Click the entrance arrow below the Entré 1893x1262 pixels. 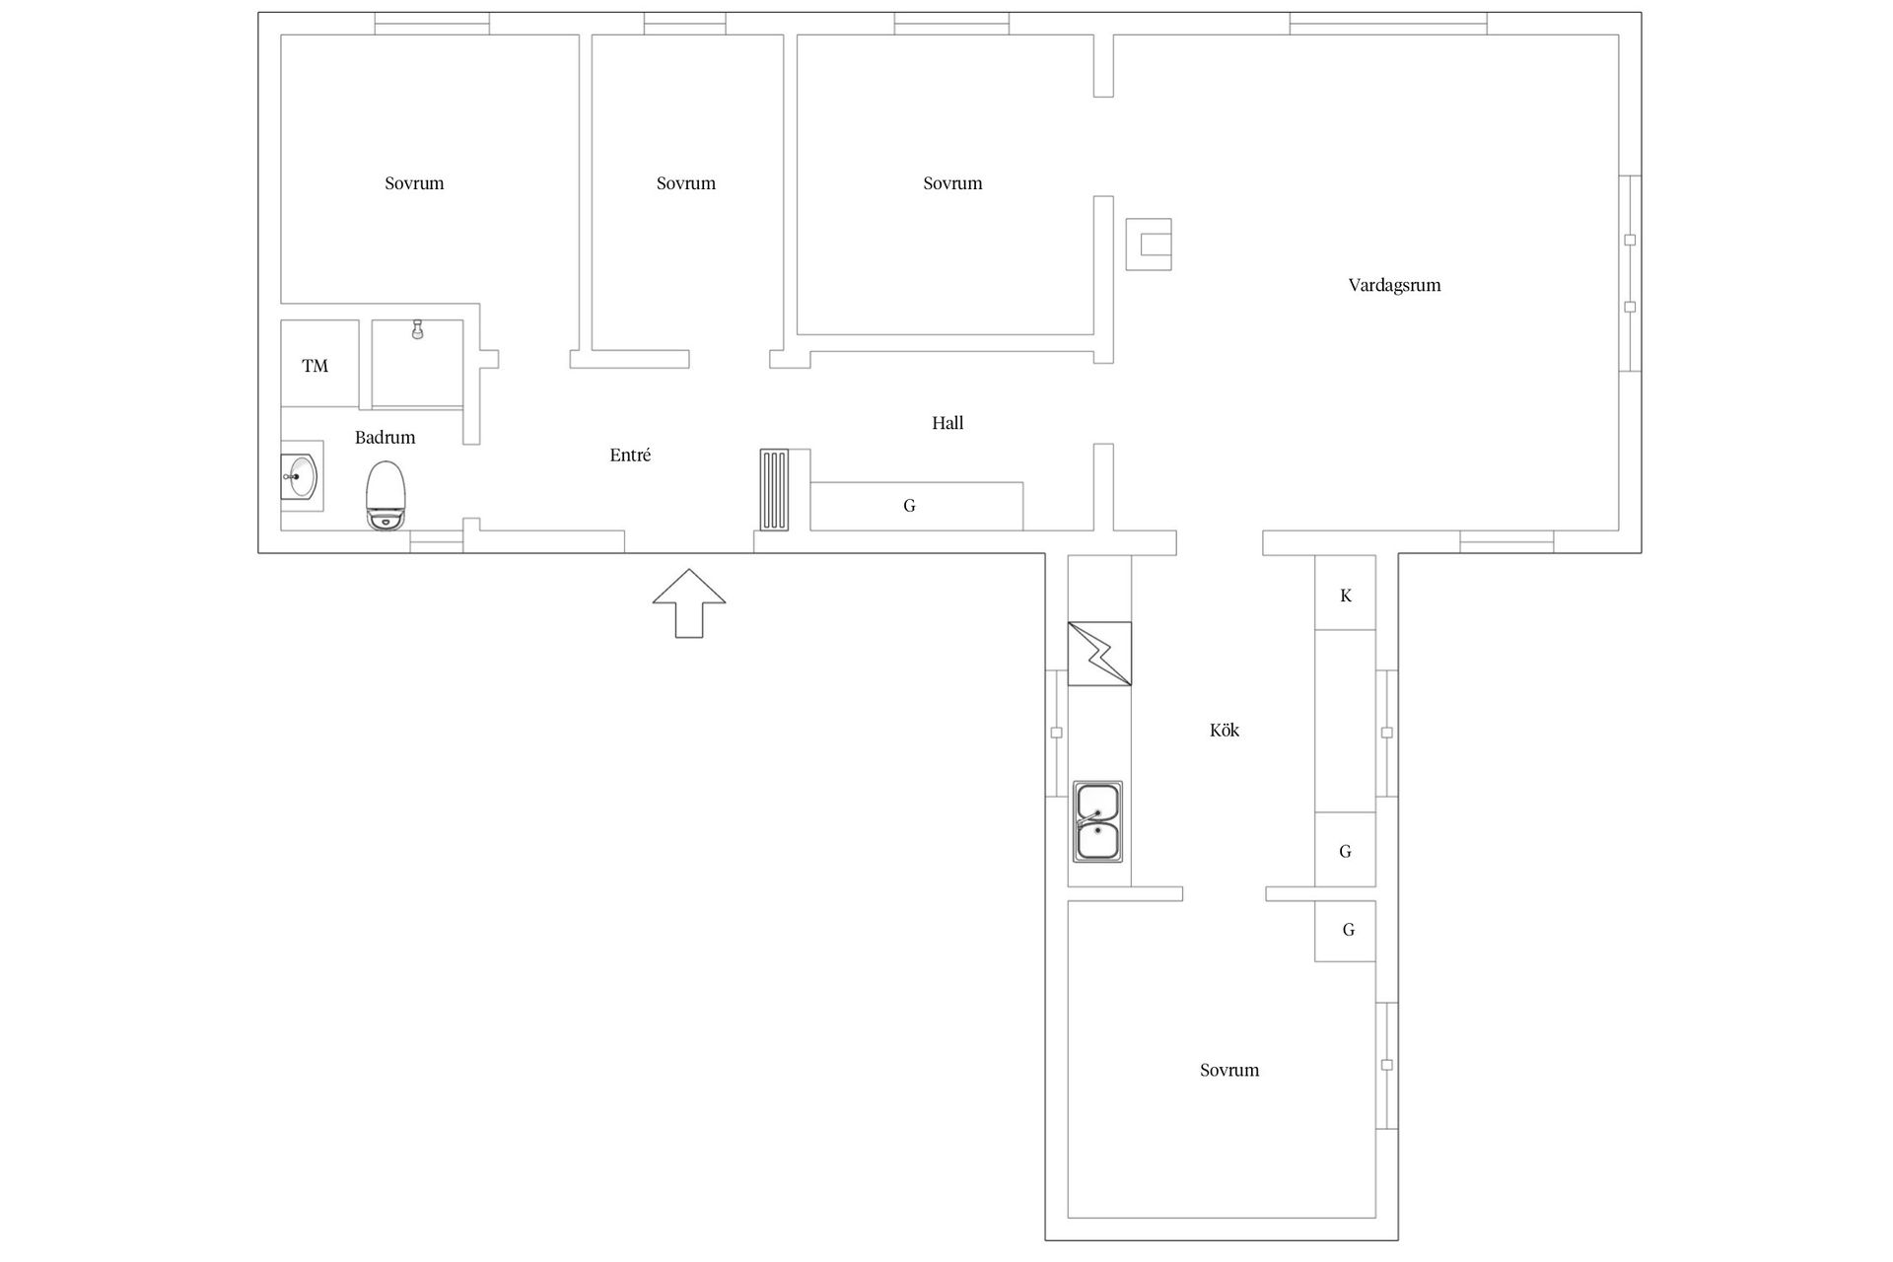(689, 603)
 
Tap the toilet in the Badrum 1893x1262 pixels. (386, 496)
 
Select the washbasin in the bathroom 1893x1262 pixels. (300, 477)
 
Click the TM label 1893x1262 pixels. (315, 367)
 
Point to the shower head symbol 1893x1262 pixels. (418, 329)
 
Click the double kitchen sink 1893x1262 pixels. (1097, 822)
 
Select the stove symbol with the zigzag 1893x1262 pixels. (1099, 654)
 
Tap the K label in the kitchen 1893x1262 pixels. (1346, 596)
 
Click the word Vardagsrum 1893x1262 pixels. (1395, 286)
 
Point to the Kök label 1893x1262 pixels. (1225, 731)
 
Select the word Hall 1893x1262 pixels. (948, 423)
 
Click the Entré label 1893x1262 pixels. (631, 456)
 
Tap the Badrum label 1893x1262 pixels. (386, 438)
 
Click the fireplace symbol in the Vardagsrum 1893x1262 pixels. (1149, 245)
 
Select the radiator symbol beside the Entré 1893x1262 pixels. (775, 490)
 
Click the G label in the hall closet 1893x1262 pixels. (910, 506)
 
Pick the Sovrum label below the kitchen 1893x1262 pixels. (1229, 1071)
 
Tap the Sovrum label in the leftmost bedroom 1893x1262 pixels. (414, 183)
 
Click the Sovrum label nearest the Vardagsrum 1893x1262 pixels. (952, 183)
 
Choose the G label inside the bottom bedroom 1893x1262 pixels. (1349, 930)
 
